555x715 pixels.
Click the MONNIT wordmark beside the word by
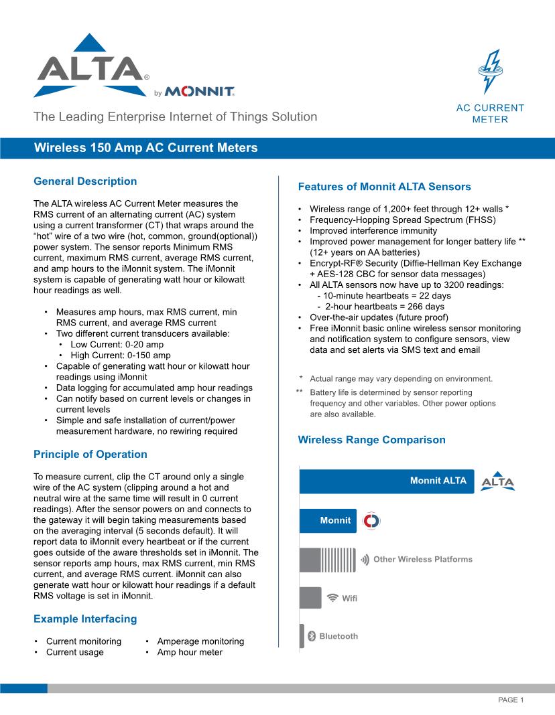tap(199, 91)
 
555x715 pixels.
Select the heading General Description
tap(85, 181)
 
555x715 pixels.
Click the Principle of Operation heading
tap(90, 455)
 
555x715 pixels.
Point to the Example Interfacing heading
tap(85, 619)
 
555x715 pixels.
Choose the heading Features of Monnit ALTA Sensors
tap(384, 187)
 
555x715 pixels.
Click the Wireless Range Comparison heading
tap(371, 440)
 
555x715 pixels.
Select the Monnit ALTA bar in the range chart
tap(386, 481)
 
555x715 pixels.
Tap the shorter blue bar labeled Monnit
tap(327, 520)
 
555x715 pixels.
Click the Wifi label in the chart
tap(349, 598)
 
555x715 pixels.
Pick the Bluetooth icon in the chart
tap(311, 636)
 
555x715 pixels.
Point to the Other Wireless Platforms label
tap(422, 559)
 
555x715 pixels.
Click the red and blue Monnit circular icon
tap(371, 521)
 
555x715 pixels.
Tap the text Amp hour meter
tap(190, 652)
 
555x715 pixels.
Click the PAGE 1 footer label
tap(510, 700)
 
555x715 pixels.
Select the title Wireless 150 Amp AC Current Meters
tap(145, 148)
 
